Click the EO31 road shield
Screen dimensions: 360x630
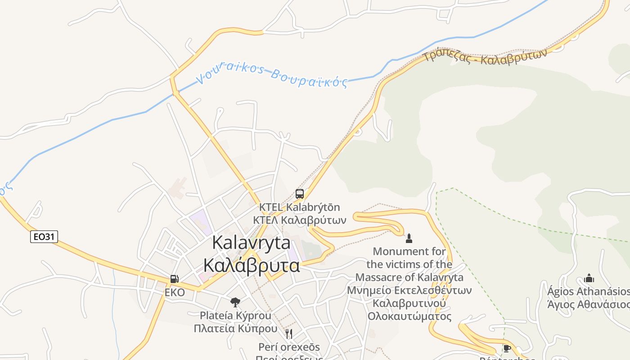coord(44,236)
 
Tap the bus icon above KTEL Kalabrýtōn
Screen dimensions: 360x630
coord(300,194)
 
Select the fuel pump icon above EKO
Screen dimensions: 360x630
coord(175,279)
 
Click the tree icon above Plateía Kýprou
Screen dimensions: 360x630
coord(235,302)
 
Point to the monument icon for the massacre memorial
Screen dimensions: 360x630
coord(409,238)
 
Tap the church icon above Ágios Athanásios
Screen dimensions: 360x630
coord(589,278)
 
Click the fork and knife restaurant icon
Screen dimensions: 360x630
coord(289,333)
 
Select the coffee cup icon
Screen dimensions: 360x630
coord(507,348)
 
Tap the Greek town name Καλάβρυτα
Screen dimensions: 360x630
coord(251,265)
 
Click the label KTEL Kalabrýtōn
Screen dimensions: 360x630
coord(300,207)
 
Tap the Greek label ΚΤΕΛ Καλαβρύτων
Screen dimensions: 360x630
coord(300,220)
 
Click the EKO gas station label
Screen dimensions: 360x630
coord(175,292)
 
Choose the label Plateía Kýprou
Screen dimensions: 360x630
coord(235,315)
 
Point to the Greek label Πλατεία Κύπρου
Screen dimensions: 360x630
coord(235,328)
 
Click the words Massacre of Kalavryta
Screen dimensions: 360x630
coord(409,277)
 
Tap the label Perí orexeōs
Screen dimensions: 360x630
coord(289,347)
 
